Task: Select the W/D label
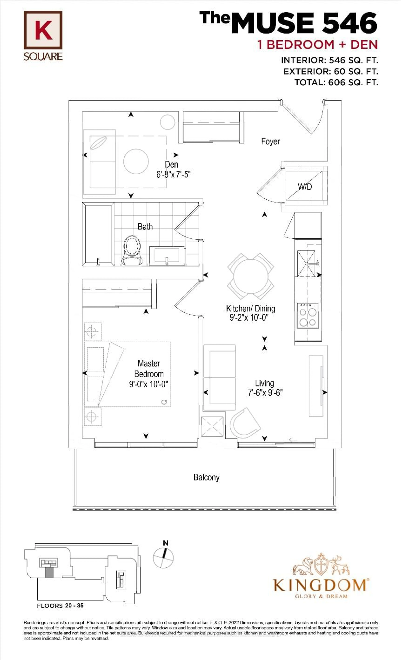[x=305, y=187]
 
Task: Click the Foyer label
[x=270, y=141]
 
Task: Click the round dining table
[x=251, y=276]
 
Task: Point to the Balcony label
[x=206, y=477]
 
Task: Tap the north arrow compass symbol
[x=163, y=557]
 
